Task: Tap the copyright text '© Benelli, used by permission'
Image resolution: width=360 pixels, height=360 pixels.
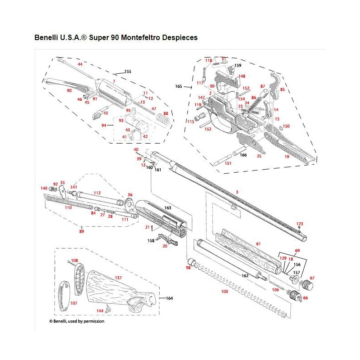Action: tap(76, 321)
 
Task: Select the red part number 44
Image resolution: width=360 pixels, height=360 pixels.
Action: tap(80, 65)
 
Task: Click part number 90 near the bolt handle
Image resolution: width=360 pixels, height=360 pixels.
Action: tap(69, 90)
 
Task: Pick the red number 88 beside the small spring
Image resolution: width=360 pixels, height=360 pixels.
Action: tap(166, 113)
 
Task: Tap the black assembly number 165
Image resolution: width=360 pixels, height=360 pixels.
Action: tap(178, 85)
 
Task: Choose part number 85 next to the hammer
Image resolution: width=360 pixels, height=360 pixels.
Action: tap(282, 90)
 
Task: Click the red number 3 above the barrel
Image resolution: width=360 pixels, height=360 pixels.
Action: tap(237, 192)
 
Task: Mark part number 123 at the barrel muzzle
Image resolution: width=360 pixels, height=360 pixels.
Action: tap(299, 224)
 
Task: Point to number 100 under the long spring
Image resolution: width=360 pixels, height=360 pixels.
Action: tap(225, 291)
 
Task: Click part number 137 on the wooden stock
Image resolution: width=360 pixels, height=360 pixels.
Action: tap(119, 278)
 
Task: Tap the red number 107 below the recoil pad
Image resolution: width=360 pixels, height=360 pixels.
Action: tap(74, 303)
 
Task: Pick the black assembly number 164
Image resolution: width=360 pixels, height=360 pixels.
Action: tap(169, 298)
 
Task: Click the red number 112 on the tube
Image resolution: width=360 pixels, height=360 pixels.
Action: tap(97, 193)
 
